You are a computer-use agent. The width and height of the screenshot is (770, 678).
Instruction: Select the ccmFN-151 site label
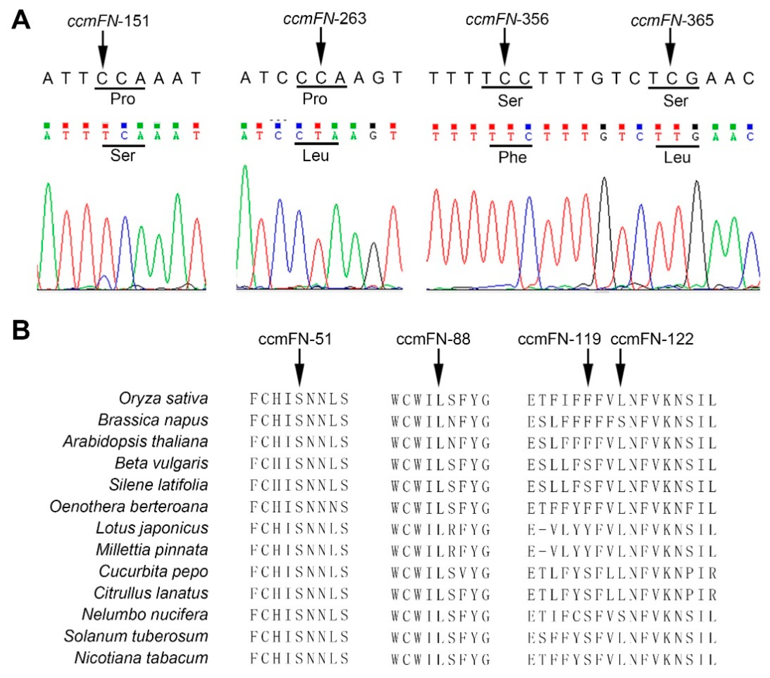point(108,21)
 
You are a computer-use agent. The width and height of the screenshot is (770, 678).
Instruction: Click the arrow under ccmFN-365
point(670,47)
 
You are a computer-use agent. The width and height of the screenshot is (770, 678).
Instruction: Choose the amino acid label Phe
point(512,157)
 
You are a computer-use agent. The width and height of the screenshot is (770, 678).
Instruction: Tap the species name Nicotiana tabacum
point(141,658)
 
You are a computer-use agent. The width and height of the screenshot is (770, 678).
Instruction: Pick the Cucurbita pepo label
point(153,571)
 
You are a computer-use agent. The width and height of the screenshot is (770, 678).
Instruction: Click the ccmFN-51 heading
point(295,339)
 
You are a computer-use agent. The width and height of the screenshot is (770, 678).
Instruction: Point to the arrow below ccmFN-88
point(439,368)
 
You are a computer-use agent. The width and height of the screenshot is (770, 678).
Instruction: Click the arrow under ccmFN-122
point(621,368)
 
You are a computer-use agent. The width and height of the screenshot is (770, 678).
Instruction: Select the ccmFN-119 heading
point(559,339)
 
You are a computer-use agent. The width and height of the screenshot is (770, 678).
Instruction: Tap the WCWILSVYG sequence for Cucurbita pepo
point(440,573)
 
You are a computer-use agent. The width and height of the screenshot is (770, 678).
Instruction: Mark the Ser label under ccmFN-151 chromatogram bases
point(123,155)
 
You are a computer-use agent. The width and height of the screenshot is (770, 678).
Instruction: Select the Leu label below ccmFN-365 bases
point(677,157)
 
